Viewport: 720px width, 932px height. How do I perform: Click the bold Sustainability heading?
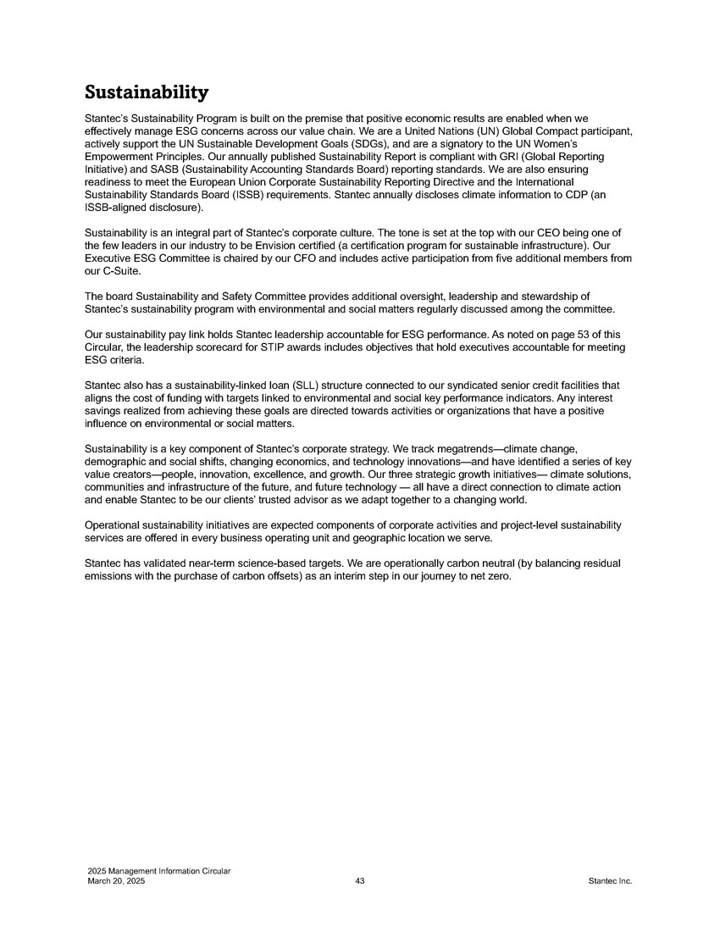pyautogui.click(x=147, y=91)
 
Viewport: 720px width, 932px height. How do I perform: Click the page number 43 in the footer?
pyautogui.click(x=360, y=882)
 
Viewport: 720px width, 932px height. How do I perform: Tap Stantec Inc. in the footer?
pyautogui.click(x=610, y=882)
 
